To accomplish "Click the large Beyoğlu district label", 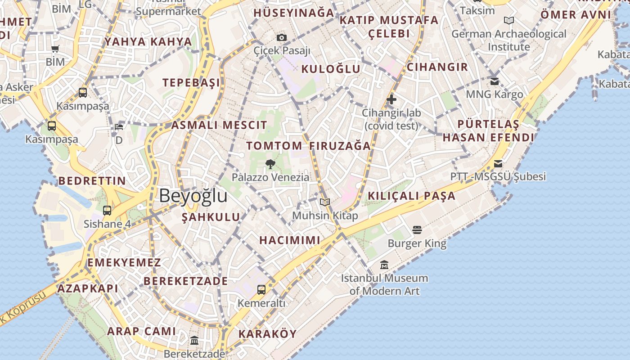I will click(x=193, y=196).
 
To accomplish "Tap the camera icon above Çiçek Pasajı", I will click(x=282, y=37).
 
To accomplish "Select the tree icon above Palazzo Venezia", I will click(x=270, y=164).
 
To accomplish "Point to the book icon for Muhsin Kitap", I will click(x=325, y=202).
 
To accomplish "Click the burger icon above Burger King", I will click(x=417, y=230).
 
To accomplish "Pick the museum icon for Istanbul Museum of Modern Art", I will click(x=384, y=265).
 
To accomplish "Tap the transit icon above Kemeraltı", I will click(x=261, y=289).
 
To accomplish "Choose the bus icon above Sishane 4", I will click(x=107, y=210).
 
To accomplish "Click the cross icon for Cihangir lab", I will click(x=391, y=99).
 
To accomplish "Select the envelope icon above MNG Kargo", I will click(x=495, y=81).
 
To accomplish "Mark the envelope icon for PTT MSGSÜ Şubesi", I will click(x=498, y=163).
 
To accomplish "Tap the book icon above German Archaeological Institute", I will click(x=509, y=21).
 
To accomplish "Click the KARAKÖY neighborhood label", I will click(x=267, y=334).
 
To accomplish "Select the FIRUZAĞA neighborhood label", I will click(x=340, y=146).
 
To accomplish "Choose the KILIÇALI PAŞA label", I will click(x=412, y=196).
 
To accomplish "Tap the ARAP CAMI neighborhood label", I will click(x=141, y=331).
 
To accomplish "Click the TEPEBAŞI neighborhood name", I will click(x=191, y=82).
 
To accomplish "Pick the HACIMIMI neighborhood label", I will click(x=290, y=240).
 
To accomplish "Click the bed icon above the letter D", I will click(x=118, y=127).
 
